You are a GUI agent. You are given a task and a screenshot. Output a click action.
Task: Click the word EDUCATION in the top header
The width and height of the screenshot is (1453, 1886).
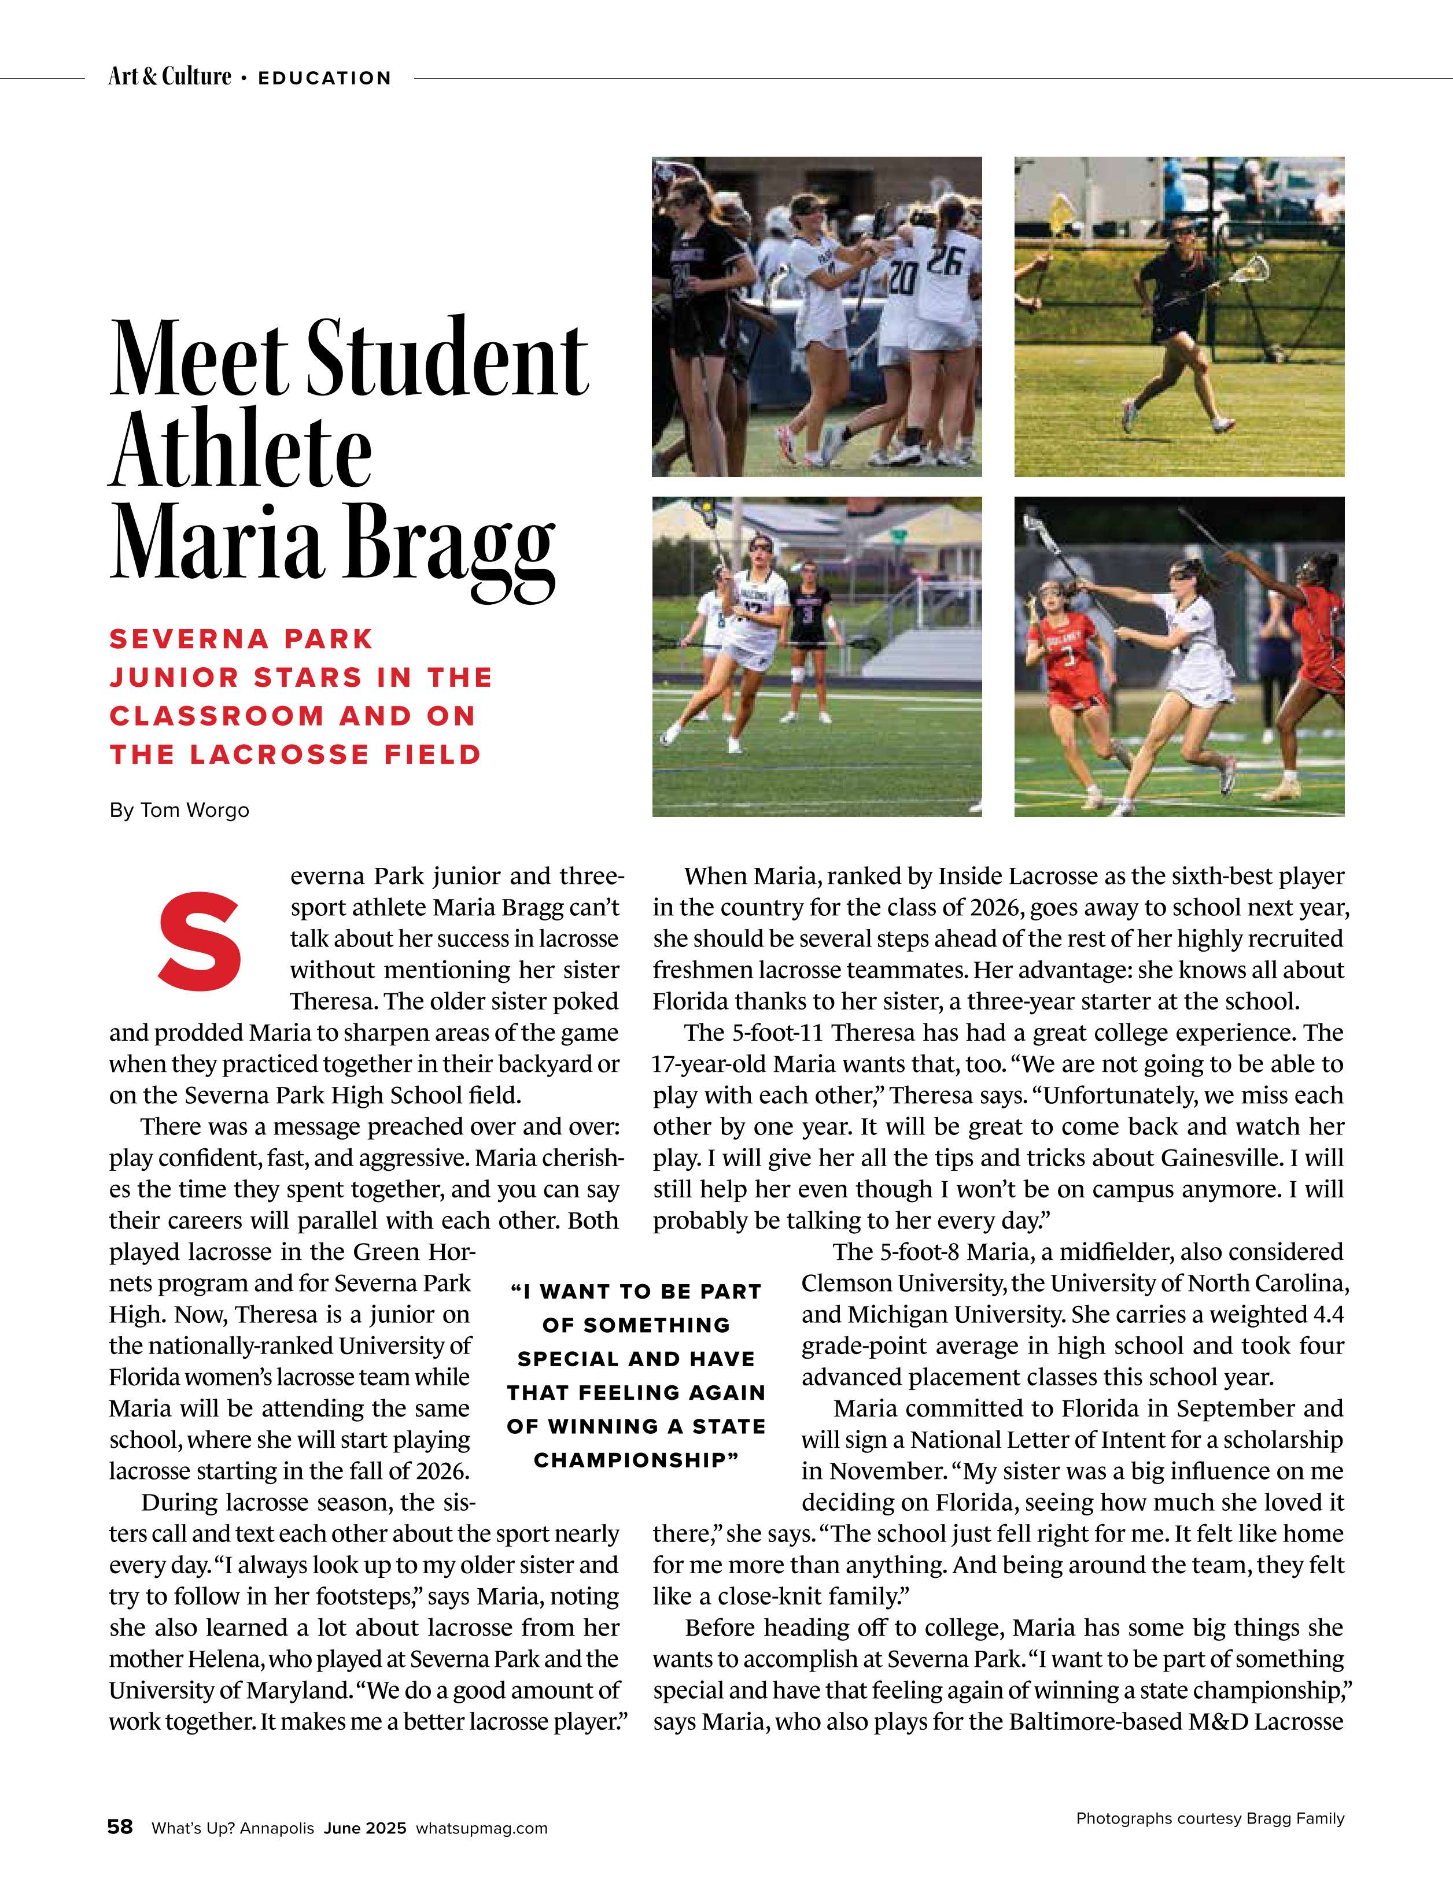(325, 77)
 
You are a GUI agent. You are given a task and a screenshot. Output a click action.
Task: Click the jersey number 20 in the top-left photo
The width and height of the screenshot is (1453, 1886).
(902, 278)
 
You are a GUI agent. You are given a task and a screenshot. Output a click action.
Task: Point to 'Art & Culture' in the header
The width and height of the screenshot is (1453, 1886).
(169, 77)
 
